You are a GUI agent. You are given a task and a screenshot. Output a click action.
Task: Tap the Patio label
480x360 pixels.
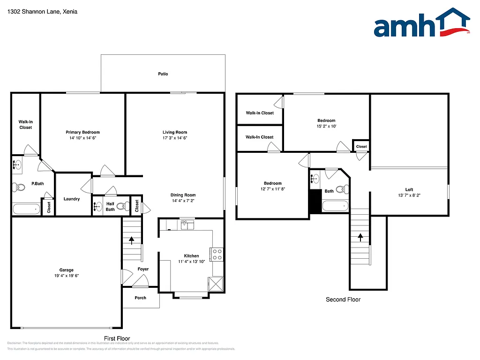[x=163, y=74]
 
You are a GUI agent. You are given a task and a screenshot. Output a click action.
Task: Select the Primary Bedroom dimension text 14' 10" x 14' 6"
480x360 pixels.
[x=82, y=138]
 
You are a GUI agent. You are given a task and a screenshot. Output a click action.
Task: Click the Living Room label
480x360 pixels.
[x=175, y=132]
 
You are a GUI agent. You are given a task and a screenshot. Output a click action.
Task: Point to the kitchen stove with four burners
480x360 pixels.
[x=217, y=254]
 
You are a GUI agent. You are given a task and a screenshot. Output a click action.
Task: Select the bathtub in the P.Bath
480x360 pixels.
[x=27, y=209]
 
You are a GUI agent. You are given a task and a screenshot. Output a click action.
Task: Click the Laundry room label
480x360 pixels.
[x=72, y=199]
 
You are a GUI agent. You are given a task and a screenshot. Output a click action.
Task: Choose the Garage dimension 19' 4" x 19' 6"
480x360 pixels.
[x=66, y=276]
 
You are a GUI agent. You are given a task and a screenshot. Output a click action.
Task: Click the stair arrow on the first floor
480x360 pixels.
[x=132, y=240]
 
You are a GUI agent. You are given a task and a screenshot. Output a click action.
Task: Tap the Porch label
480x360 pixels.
[x=140, y=298]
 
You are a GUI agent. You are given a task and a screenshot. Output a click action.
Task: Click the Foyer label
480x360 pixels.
[x=143, y=269]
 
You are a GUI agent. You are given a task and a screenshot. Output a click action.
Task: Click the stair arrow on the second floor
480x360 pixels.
[x=360, y=237]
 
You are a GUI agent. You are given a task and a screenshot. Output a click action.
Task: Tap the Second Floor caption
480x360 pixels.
[x=343, y=300]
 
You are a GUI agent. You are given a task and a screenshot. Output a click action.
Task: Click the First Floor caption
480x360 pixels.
[x=117, y=338]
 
